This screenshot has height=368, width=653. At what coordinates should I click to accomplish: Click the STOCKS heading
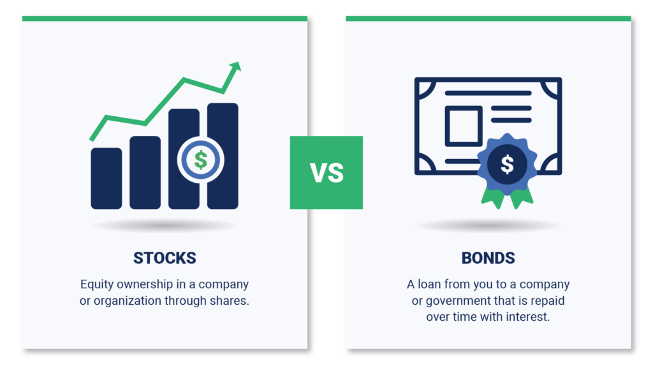(x=165, y=258)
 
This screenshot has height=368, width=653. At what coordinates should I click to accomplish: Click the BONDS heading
(x=488, y=258)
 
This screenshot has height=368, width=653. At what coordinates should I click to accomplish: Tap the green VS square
(x=326, y=172)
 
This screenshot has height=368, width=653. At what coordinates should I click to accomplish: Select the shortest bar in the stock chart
(x=106, y=178)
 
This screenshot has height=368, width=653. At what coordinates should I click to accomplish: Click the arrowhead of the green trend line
(x=236, y=66)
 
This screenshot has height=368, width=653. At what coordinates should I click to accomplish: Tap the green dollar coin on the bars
(x=200, y=159)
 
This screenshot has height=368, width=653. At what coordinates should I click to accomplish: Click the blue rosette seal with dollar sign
(x=507, y=164)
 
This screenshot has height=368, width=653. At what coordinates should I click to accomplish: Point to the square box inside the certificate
(x=463, y=126)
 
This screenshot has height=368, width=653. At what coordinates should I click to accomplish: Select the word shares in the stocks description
(x=230, y=300)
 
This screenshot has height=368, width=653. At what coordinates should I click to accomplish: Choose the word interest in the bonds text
(x=525, y=317)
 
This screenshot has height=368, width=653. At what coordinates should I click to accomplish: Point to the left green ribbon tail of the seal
(x=492, y=197)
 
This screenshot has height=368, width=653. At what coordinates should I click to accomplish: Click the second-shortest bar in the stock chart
(x=145, y=172)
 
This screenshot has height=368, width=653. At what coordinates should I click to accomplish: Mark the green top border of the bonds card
(x=488, y=19)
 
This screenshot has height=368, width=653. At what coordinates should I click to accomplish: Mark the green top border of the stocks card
(x=165, y=19)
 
